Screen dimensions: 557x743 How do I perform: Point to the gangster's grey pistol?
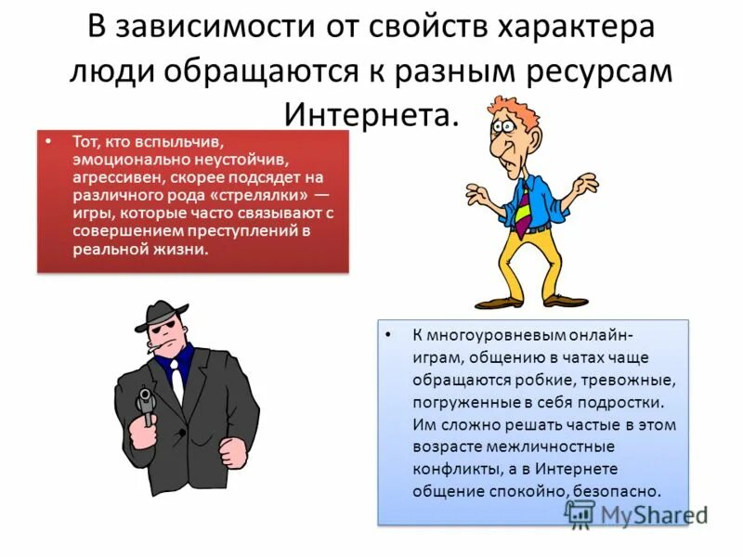click(x=146, y=404)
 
